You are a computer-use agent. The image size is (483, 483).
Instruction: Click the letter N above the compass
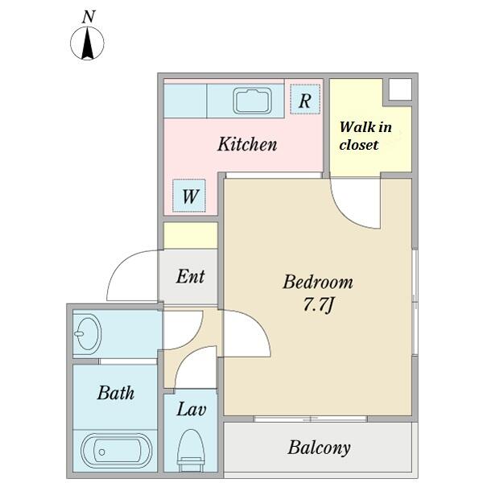[x=89, y=17]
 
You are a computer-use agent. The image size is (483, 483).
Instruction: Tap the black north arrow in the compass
[x=88, y=43]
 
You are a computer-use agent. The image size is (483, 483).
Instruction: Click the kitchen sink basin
[x=252, y=101]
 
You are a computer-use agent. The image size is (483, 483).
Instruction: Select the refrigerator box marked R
[x=305, y=99]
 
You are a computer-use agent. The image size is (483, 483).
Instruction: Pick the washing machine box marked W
[x=189, y=196]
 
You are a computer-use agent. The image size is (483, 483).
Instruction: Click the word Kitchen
[x=247, y=144]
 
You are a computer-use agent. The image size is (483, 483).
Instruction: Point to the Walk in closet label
[x=365, y=136]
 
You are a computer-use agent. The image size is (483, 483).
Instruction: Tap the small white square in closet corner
[x=400, y=89]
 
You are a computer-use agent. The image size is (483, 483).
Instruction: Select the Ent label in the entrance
[x=190, y=276]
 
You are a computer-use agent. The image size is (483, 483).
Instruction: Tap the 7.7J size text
[x=319, y=305]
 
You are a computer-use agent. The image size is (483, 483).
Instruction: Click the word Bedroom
[x=318, y=282]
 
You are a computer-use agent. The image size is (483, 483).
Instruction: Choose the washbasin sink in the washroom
[x=88, y=332]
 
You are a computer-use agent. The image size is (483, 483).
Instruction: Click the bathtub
[x=117, y=452]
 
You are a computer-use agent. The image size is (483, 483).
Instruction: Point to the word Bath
[x=116, y=393]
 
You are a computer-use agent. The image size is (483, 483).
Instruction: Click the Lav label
[x=192, y=410]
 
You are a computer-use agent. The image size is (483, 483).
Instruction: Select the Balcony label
[x=319, y=448]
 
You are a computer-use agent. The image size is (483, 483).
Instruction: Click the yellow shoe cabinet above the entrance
[x=190, y=236]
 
